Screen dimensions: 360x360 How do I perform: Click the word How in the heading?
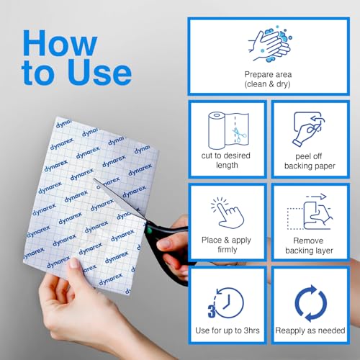pyautogui.click(x=60, y=42)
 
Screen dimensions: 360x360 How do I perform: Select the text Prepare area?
pyautogui.click(x=268, y=74)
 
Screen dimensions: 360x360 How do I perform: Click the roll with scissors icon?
pyautogui.click(x=228, y=130)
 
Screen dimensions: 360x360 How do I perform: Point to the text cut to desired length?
pyautogui.click(x=226, y=161)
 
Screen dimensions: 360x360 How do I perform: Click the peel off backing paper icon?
pyautogui.click(x=309, y=129)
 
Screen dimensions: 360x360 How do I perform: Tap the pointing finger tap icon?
pyautogui.click(x=228, y=212)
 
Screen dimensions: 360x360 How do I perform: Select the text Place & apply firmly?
pyautogui.click(x=226, y=245)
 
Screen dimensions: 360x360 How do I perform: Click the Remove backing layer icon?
pyautogui.click(x=310, y=212)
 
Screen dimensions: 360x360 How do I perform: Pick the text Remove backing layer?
pyautogui.click(x=309, y=246)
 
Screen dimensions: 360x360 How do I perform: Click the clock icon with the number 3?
pyautogui.click(x=226, y=302)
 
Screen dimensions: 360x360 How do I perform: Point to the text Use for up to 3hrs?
pyautogui.click(x=228, y=330)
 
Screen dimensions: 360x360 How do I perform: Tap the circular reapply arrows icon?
pyautogui.click(x=310, y=303)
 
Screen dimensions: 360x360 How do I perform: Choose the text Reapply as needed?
pyautogui.click(x=310, y=330)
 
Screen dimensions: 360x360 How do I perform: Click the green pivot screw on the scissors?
pyautogui.click(x=149, y=231)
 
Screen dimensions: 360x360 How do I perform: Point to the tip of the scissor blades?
pyautogui.click(x=94, y=179)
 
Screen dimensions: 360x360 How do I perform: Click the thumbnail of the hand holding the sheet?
pyautogui.click(x=74, y=263)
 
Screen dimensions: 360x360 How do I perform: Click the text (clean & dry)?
pyautogui.click(x=267, y=84)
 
